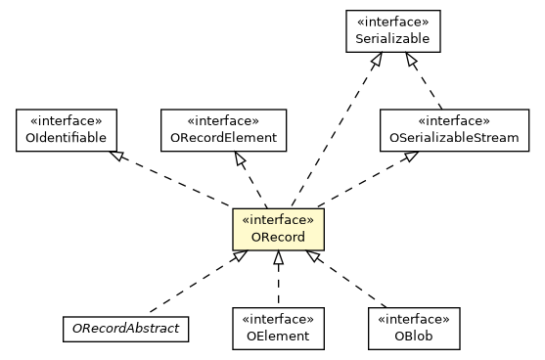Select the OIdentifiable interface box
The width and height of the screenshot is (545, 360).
pos(67,130)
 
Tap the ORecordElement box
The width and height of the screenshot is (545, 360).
pos(223,130)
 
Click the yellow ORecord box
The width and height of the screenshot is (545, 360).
pos(278,229)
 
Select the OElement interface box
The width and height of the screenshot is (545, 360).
pos(278,328)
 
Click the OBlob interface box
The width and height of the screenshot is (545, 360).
pos(413,328)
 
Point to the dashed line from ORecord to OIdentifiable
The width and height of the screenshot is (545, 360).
pos(176,181)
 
